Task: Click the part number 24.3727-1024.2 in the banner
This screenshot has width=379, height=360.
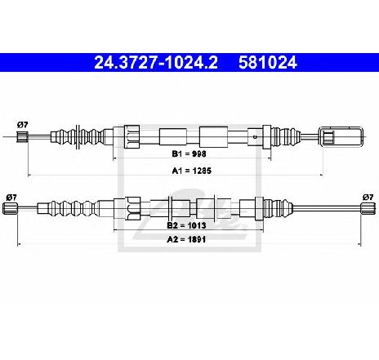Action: (x=156, y=62)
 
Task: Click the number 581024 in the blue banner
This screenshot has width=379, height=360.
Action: (x=268, y=62)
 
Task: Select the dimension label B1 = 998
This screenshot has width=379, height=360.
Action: (x=189, y=153)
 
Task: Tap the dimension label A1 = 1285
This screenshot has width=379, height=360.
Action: (x=192, y=171)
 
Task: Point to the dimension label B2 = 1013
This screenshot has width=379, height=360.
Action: (x=186, y=225)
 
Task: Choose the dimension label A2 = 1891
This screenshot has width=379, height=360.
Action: (x=186, y=239)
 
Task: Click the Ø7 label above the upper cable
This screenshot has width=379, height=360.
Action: (x=22, y=125)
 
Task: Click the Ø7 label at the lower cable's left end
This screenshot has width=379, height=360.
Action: (x=11, y=198)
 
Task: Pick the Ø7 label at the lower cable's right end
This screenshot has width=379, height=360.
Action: (x=368, y=198)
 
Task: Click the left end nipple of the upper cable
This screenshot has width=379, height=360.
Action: (x=22, y=136)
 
